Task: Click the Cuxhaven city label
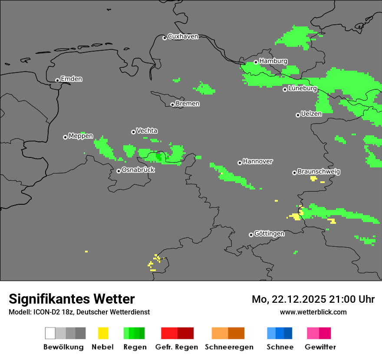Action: click(183, 36)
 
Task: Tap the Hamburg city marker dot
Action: click(256, 62)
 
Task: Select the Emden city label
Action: click(71, 79)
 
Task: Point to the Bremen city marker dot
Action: click(172, 105)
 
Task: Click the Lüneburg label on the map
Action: click(303, 88)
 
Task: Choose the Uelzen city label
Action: click(311, 114)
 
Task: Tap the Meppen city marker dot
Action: click(65, 137)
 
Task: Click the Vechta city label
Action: click(147, 131)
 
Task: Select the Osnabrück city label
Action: click(138, 170)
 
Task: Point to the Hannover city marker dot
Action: click(240, 163)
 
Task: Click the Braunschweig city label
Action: click(319, 172)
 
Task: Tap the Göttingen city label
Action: click(269, 234)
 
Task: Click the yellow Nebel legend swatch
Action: click(103, 333)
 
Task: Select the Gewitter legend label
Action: click(320, 347)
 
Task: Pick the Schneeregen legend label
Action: click(229, 347)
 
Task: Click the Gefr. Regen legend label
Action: click(177, 347)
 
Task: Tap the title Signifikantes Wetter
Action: click(72, 299)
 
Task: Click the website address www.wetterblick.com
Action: click(313, 312)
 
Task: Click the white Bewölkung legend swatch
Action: click(50, 333)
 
